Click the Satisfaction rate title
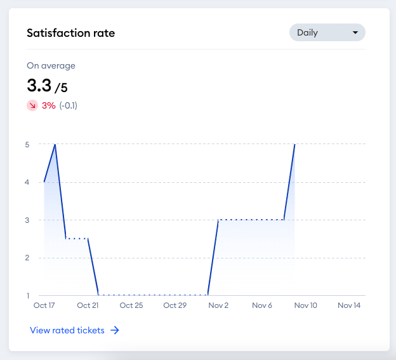[71, 33]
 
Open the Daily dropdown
[327, 32]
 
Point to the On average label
[51, 65]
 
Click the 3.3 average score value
[39, 85]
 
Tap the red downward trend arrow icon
[32, 105]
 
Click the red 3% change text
[49, 105]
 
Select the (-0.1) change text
[69, 105]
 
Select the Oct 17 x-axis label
[44, 305]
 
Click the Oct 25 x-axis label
[131, 305]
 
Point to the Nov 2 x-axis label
[218, 305]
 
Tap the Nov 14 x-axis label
[349, 305]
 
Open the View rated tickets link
[67, 330]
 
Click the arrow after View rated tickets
[115, 330]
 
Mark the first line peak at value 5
[55, 144]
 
